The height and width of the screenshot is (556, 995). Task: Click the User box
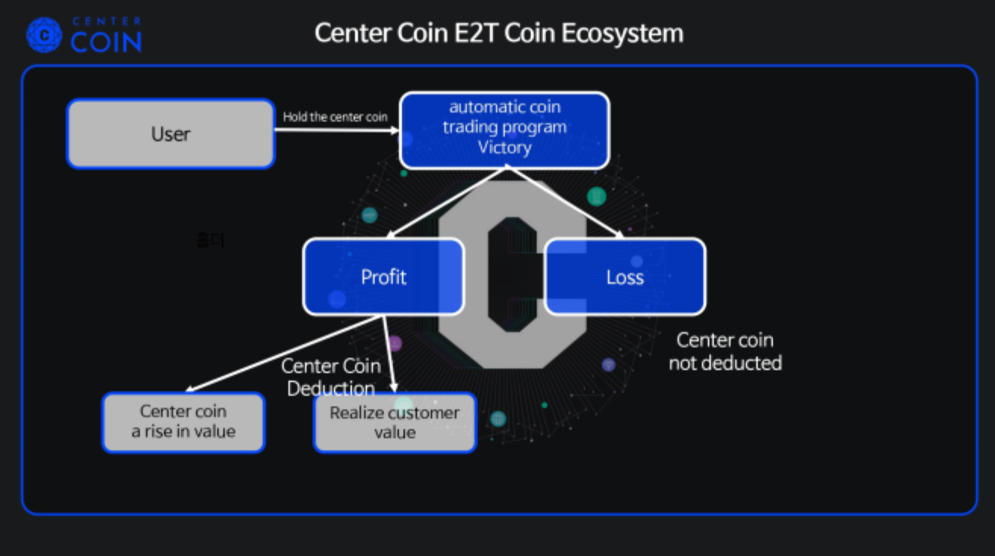pyautogui.click(x=170, y=134)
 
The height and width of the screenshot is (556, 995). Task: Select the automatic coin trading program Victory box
pyautogui.click(x=504, y=130)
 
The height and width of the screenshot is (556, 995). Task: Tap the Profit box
pyautogui.click(x=383, y=276)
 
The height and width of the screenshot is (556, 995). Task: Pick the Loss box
pyautogui.click(x=625, y=276)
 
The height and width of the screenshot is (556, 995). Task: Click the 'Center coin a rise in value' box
pyautogui.click(x=183, y=422)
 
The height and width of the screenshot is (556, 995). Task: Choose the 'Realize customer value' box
pyautogui.click(x=395, y=422)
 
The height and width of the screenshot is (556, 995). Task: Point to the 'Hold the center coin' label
pyautogui.click(x=335, y=117)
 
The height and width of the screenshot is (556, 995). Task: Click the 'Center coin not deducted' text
pyautogui.click(x=725, y=351)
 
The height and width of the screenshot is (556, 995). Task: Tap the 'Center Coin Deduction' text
pyautogui.click(x=331, y=376)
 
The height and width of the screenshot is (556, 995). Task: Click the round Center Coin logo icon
pyautogui.click(x=44, y=34)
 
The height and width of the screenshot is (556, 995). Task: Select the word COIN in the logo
pyautogui.click(x=106, y=42)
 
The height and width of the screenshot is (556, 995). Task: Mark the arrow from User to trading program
pyautogui.click(x=336, y=130)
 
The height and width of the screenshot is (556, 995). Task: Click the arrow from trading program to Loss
pyautogui.click(x=564, y=203)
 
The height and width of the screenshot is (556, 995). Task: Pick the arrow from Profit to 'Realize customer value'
pyautogui.click(x=389, y=353)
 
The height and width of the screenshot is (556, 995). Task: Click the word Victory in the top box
pyautogui.click(x=504, y=147)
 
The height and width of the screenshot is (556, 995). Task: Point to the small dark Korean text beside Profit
pyautogui.click(x=210, y=241)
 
